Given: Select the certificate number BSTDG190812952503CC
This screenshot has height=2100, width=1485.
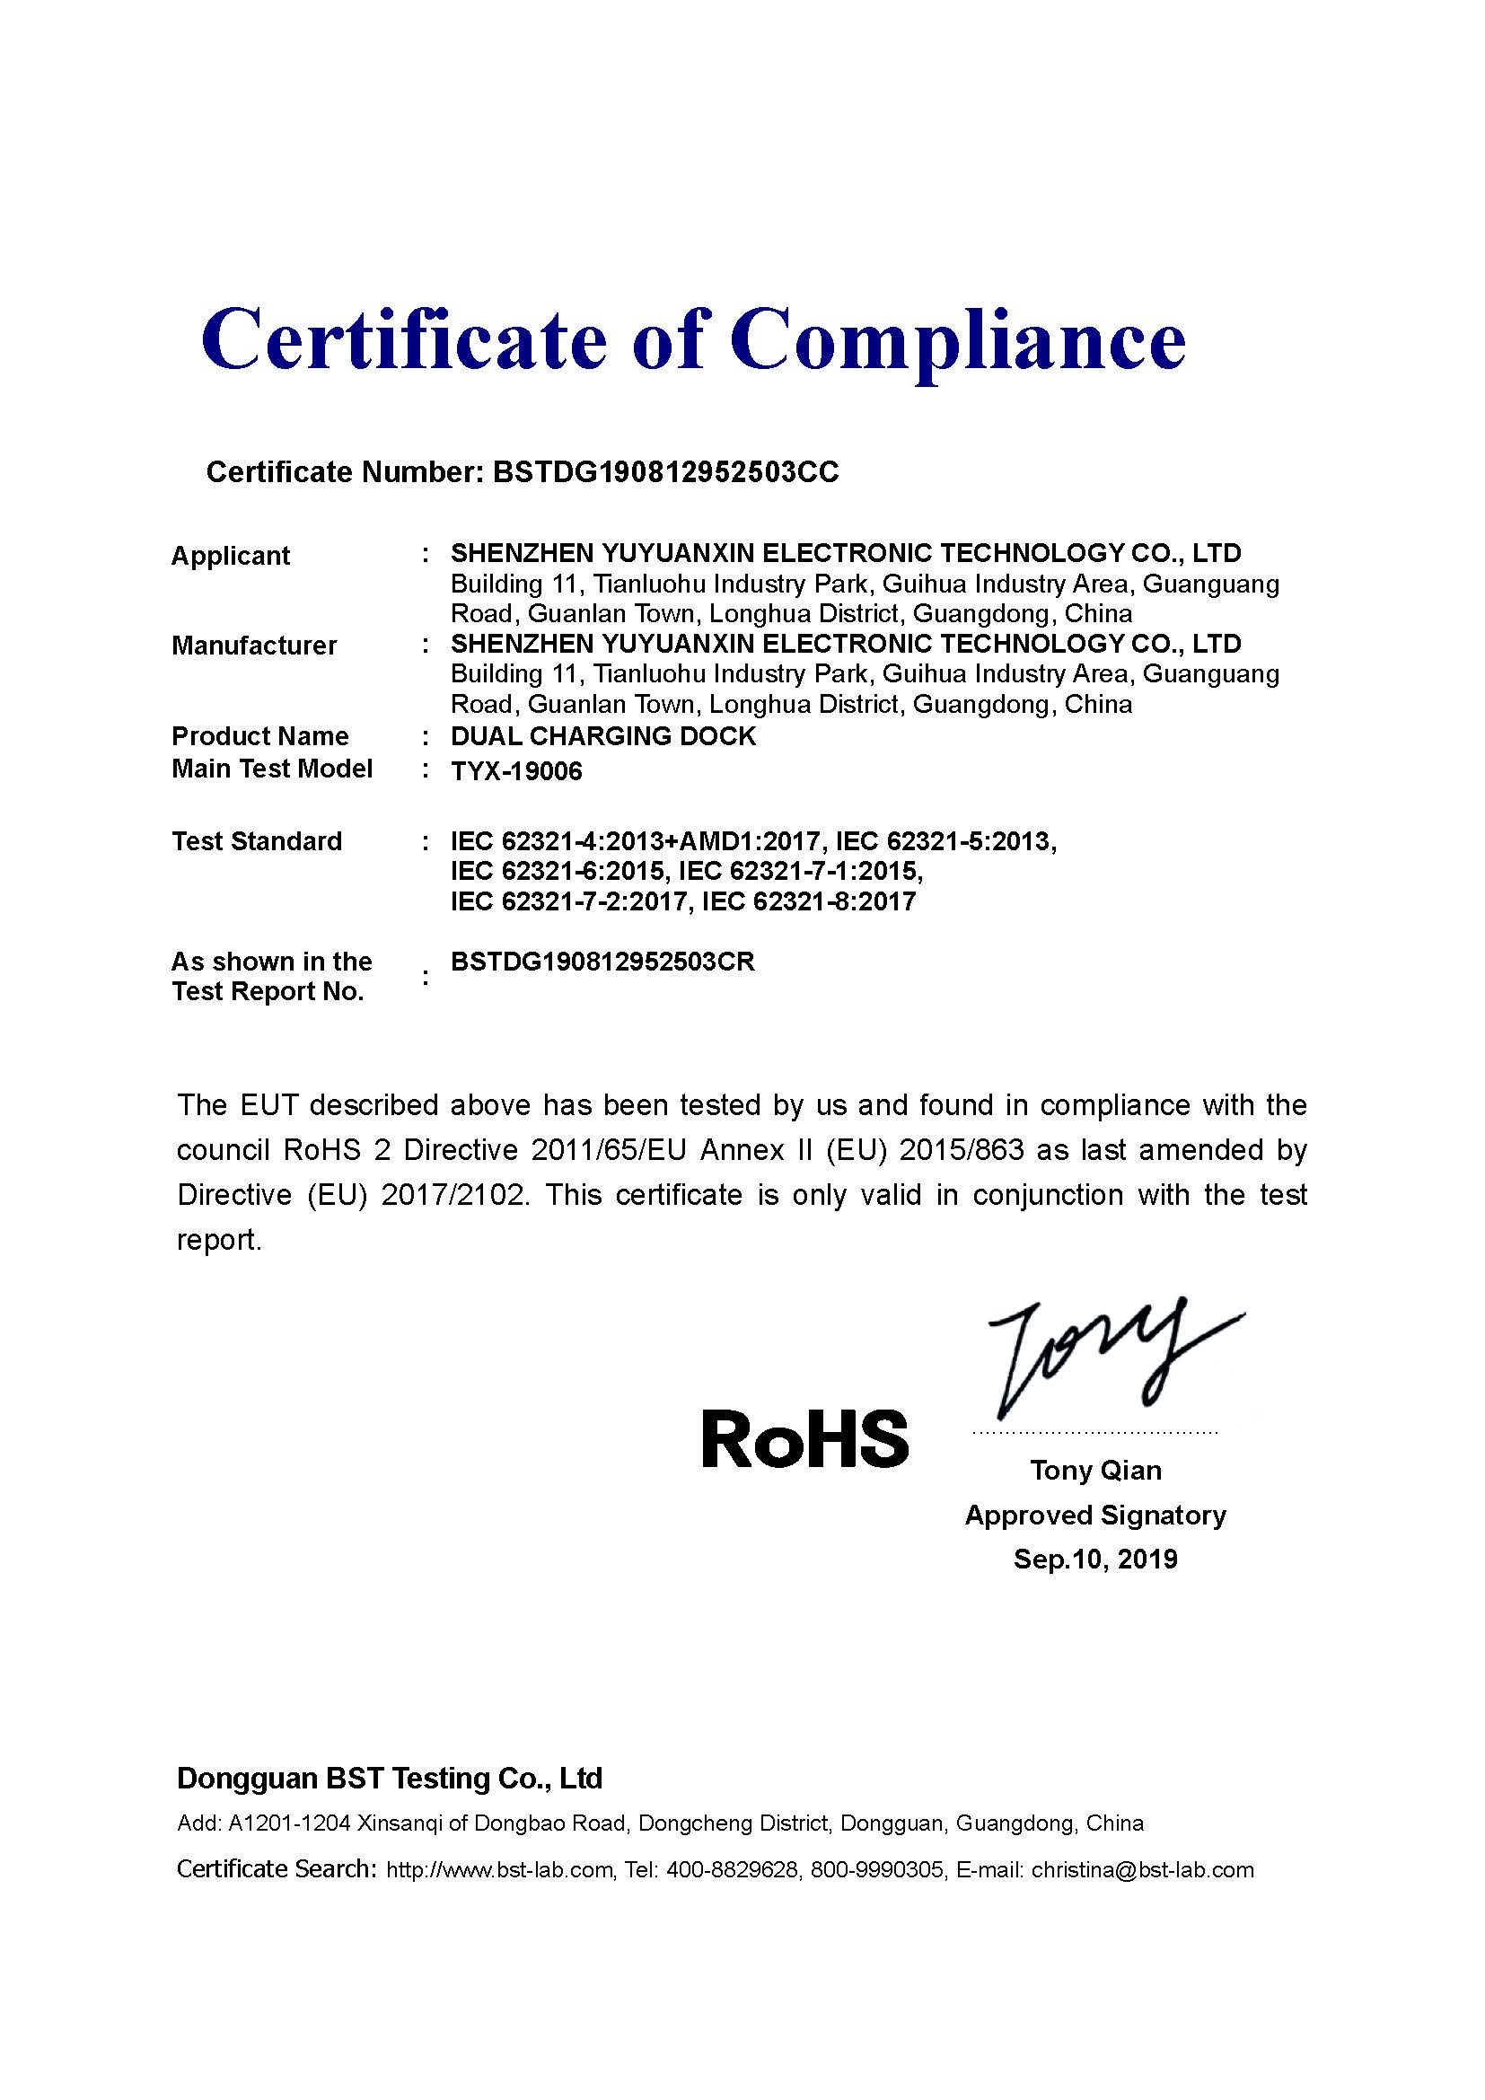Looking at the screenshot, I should pyautogui.click(x=664, y=472).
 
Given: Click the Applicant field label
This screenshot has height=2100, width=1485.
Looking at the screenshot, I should pyautogui.click(x=231, y=556).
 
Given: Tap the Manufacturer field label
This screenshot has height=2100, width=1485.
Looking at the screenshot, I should pyautogui.click(x=254, y=646).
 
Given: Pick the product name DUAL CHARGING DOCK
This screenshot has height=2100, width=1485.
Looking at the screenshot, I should pyautogui.click(x=603, y=736).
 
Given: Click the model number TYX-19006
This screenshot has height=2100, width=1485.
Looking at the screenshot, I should pyautogui.click(x=516, y=772).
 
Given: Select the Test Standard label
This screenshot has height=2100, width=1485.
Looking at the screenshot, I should pyautogui.click(x=257, y=841).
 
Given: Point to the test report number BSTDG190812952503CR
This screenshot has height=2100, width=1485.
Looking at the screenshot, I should pyautogui.click(x=603, y=962).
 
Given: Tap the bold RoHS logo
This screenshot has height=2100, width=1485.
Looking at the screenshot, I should pyautogui.click(x=805, y=1438).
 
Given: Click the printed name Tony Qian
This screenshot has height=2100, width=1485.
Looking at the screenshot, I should pyautogui.click(x=1095, y=1470).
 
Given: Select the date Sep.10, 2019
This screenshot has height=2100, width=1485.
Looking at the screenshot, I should pyautogui.click(x=1095, y=1559).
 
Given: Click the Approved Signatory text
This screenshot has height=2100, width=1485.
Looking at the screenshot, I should pyautogui.click(x=1095, y=1515).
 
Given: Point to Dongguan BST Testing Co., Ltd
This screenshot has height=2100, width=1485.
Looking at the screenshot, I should pyautogui.click(x=390, y=1778).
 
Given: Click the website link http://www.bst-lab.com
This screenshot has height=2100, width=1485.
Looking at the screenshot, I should pyautogui.click(x=499, y=1870).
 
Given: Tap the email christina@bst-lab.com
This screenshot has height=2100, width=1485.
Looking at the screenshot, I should pyautogui.click(x=1142, y=1870).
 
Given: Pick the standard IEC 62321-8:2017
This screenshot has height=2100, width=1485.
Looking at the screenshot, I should pyautogui.click(x=808, y=902).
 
